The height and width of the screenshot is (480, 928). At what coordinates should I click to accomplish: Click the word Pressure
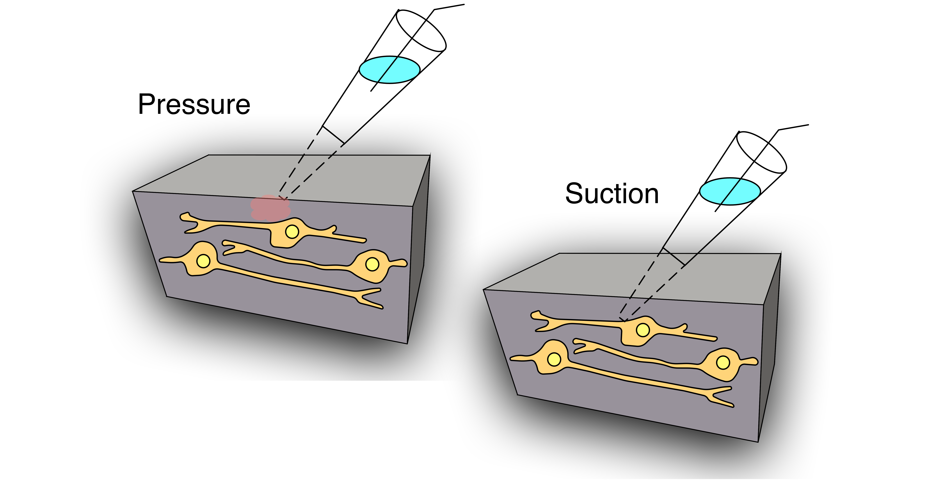coord(194,104)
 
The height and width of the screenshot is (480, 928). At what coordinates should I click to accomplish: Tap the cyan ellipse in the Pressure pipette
coord(389,70)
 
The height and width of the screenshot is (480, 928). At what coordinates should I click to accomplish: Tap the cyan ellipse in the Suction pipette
coord(730,191)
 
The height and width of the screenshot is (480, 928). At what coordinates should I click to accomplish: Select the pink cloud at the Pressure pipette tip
coord(270,208)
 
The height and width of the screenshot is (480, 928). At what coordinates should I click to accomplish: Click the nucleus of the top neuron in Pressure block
coord(292,232)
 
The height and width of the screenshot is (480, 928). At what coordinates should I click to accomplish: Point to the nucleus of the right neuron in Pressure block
coord(372,264)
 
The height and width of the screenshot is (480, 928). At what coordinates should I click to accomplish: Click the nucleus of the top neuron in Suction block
coord(643,330)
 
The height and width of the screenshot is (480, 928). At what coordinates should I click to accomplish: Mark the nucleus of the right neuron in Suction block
coord(723,363)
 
